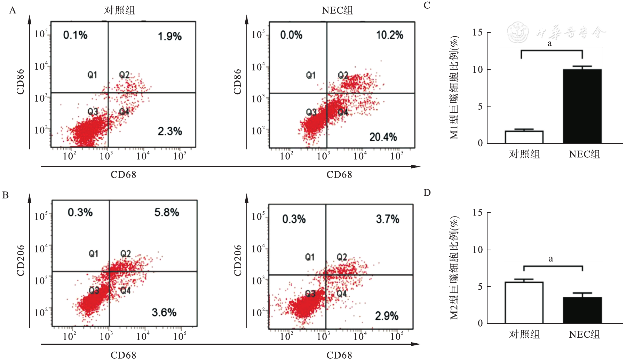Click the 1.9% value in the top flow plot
[x=170, y=36]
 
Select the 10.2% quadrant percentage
[x=389, y=35]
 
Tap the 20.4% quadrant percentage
[x=383, y=137]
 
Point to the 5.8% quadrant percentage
[x=167, y=212]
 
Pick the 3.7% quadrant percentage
[x=387, y=219]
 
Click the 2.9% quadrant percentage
[x=387, y=316]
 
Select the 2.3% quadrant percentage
[x=170, y=131]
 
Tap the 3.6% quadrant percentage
[x=164, y=312]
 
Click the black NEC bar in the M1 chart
[x=582, y=106]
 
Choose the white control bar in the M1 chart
[x=524, y=137]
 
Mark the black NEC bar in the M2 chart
[x=582, y=310]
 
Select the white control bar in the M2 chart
[x=524, y=303]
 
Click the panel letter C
[x=427, y=6]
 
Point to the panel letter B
[x=5, y=195]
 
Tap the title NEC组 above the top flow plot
[x=337, y=10]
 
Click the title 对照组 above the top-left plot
[x=119, y=10]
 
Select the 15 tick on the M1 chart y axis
[x=477, y=33]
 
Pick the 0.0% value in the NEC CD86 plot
[x=291, y=35]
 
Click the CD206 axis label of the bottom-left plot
[x=21, y=260]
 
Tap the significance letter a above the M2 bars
[x=550, y=259]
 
